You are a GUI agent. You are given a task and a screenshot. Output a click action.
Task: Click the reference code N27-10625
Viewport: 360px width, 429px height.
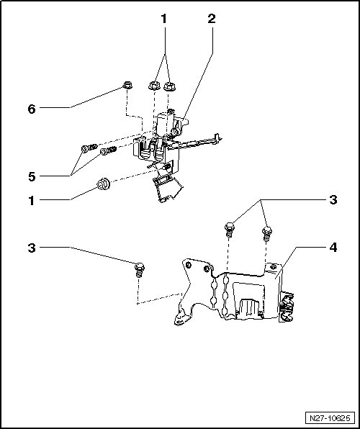[330, 418]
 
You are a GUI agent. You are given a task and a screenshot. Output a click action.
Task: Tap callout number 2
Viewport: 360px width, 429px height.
[212, 19]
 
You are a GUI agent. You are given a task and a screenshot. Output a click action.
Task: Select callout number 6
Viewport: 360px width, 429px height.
[32, 109]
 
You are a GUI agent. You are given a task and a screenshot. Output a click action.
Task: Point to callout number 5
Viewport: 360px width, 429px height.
[32, 177]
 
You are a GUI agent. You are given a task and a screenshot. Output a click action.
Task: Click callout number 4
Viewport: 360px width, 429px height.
[333, 248]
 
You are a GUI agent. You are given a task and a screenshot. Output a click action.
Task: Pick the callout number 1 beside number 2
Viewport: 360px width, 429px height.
[163, 19]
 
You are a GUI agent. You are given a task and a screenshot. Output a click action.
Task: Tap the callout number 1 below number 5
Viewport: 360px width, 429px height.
[32, 201]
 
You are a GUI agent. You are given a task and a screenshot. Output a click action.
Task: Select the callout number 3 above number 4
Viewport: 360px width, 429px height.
[333, 200]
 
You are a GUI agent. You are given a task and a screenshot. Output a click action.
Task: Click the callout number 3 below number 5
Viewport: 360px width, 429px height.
[32, 248]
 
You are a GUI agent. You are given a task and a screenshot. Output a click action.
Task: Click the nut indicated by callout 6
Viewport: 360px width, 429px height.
[127, 85]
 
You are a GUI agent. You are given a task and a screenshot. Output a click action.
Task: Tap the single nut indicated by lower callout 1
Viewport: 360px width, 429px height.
[104, 184]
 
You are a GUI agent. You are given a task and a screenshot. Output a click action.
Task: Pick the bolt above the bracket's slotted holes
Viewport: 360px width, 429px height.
[230, 230]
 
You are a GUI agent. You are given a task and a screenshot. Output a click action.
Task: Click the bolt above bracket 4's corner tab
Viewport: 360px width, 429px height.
[267, 233]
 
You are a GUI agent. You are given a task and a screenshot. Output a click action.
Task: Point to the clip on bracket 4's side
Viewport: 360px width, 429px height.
[286, 306]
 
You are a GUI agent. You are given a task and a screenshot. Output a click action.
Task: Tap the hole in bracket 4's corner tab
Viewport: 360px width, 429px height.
[272, 266]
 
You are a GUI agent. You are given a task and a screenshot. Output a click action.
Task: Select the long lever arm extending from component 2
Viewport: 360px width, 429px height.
[195, 142]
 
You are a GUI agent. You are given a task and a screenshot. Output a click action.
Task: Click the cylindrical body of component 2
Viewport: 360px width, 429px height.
[163, 124]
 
